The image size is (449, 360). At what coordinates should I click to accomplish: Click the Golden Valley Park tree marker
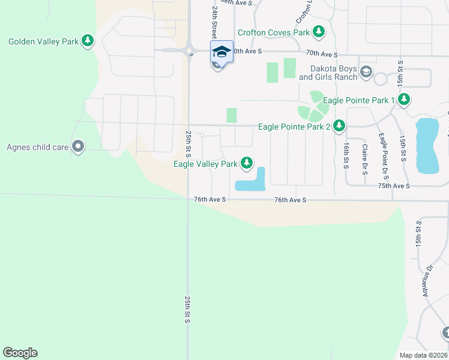click(88, 41)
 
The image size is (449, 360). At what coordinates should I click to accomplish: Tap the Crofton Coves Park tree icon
click(319, 32)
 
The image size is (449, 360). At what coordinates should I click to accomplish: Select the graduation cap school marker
click(221, 52)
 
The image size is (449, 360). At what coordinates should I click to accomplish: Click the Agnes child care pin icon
click(77, 146)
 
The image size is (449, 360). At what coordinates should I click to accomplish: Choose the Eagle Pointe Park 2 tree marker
click(340, 126)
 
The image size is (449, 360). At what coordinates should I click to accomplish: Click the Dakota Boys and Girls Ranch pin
click(366, 73)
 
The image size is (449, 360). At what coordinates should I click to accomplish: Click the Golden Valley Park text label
click(43, 41)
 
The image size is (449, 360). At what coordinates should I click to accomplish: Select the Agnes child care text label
click(37, 147)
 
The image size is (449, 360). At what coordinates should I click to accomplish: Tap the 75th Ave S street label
click(394, 186)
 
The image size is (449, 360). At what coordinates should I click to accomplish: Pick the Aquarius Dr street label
click(427, 281)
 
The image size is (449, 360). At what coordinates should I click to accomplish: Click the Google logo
click(20, 353)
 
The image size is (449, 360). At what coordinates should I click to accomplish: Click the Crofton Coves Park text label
click(274, 32)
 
